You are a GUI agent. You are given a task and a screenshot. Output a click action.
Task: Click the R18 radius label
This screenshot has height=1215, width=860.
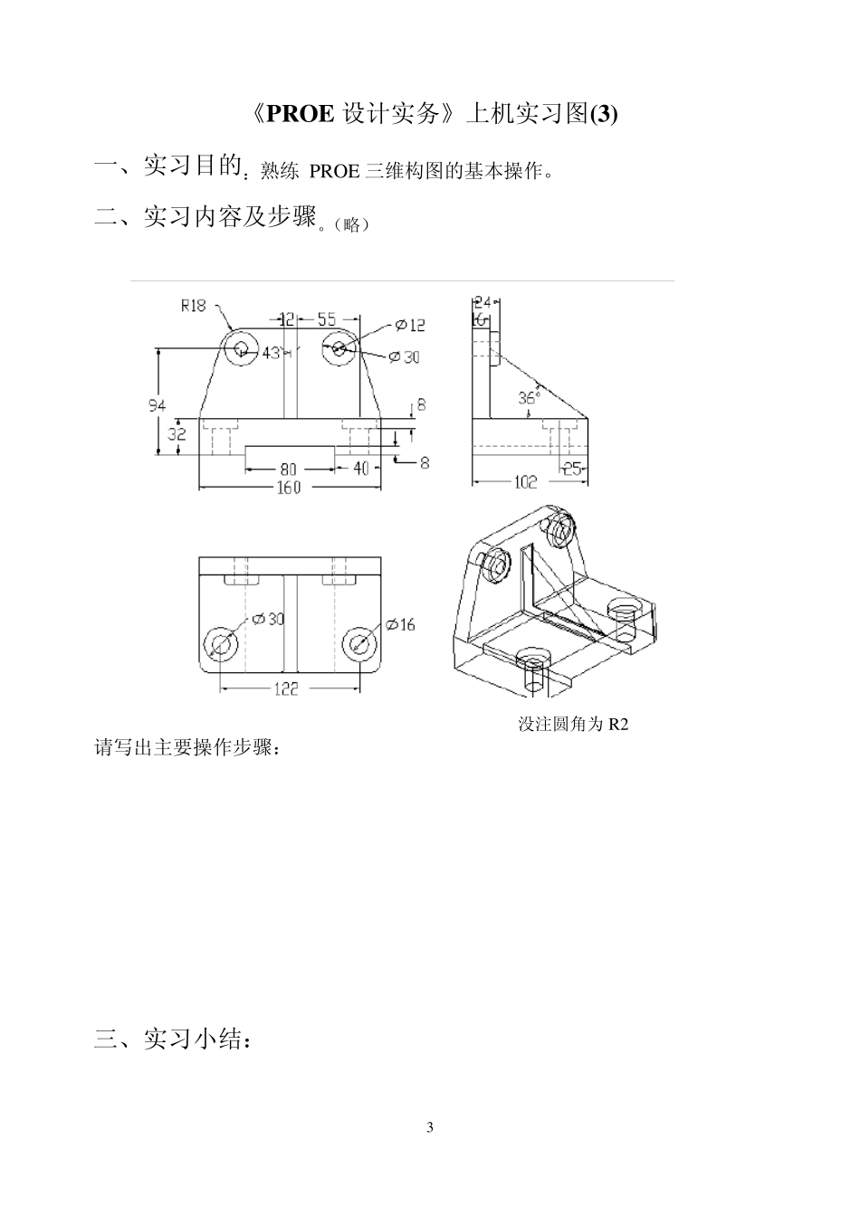(x=193, y=306)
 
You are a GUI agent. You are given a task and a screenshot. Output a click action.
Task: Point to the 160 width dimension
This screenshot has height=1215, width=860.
(x=288, y=489)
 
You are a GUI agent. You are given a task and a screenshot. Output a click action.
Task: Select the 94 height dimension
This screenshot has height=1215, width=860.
(x=158, y=406)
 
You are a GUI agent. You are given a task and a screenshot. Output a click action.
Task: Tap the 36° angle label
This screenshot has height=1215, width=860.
(x=529, y=397)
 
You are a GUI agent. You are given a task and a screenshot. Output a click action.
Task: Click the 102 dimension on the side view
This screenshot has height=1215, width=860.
(x=525, y=483)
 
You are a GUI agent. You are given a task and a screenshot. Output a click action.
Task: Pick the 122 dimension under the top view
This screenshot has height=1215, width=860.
(x=287, y=689)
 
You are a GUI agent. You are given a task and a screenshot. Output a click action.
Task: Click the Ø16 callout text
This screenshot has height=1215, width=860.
(x=400, y=624)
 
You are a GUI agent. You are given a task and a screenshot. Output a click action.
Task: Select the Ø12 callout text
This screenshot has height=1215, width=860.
(x=410, y=325)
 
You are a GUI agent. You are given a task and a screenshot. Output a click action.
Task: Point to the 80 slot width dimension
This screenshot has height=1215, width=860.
(x=288, y=469)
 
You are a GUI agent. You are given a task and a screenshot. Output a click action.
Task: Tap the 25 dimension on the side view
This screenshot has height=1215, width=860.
(x=573, y=469)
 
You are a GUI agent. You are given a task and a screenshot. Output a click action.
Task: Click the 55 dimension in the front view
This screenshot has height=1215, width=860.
(x=327, y=319)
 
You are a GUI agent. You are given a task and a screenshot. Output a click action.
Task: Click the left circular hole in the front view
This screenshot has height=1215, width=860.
(x=242, y=348)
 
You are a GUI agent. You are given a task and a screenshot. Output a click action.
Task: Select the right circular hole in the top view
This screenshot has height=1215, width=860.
(x=359, y=643)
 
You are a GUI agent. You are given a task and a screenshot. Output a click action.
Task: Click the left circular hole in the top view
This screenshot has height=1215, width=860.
(x=221, y=643)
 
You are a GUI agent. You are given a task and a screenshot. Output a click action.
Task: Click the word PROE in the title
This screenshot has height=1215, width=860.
(x=301, y=114)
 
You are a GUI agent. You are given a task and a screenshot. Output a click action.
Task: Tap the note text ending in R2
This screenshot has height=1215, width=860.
(x=572, y=725)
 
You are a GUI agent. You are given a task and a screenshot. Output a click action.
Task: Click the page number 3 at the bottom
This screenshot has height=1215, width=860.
(x=430, y=1127)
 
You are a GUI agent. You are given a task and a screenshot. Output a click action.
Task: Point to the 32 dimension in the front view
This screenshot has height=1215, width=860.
(x=177, y=434)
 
